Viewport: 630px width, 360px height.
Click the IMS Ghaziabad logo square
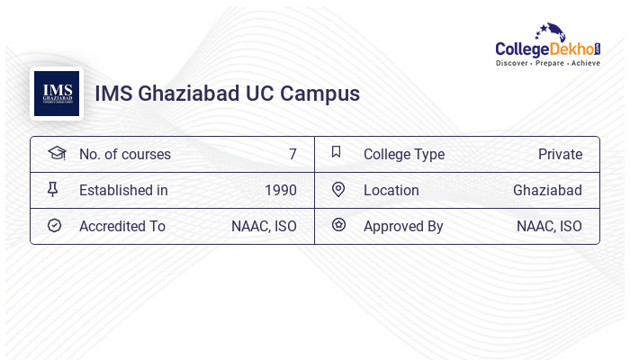57,94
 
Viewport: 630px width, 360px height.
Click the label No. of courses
124,154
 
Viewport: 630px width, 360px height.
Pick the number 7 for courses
292,154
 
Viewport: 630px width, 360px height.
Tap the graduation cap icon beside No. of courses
56,153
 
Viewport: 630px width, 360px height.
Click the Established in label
123,190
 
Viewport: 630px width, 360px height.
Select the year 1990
281,190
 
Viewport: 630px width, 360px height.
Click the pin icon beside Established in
53,189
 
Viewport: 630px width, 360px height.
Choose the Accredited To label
122,226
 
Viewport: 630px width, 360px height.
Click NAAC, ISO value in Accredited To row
264,226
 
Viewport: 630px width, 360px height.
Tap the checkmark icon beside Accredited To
54,225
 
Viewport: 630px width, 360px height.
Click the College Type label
404,154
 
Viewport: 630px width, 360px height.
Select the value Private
560,154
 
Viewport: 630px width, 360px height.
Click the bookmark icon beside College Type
336,152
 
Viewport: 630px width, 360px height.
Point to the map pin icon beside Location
338,189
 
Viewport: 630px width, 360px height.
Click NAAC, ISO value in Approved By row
549,226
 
